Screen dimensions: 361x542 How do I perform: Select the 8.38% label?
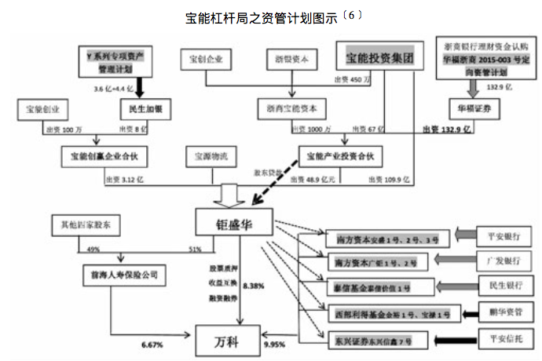[x=253, y=287]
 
